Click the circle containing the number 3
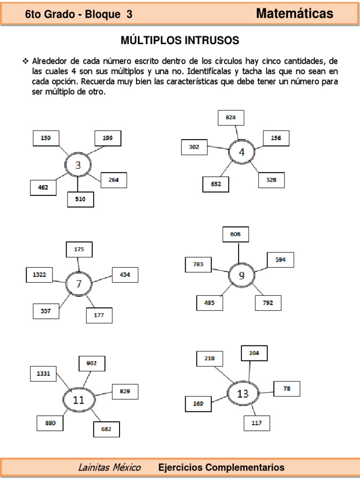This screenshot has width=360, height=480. point(78,165)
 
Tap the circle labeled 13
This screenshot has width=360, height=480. point(242,393)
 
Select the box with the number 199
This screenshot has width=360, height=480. point(107,138)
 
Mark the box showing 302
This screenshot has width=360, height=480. point(194,147)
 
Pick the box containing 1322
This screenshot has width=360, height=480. point(39,275)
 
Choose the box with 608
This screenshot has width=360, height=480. point(236,234)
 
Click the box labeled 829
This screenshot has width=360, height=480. point(125,391)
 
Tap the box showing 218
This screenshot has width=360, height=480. point(210,359)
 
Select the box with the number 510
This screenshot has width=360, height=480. point(80,199)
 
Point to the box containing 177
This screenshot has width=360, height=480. point(99,315)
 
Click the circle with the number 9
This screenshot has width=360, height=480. point(241,276)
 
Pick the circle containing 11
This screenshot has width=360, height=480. point(78,400)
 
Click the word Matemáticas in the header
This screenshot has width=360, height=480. point(295,14)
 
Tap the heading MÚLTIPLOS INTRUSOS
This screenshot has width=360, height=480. point(180,41)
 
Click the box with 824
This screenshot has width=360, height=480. point(231,118)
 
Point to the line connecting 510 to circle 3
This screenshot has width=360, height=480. point(78,185)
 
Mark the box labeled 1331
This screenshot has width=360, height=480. point(43,374)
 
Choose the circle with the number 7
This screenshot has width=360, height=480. point(79,284)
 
